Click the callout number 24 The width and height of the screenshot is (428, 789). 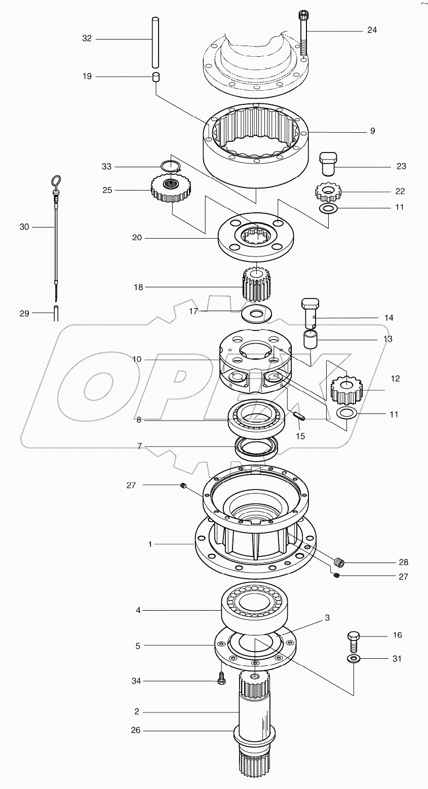pyautogui.click(x=372, y=30)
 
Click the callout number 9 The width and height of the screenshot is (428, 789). pyautogui.click(x=372, y=131)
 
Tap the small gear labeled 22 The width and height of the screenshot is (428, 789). pyautogui.click(x=328, y=192)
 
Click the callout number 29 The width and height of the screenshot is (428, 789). pyautogui.click(x=24, y=314)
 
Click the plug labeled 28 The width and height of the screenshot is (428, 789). pyautogui.click(x=339, y=561)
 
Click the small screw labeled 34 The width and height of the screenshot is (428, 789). pyautogui.click(x=222, y=679)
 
